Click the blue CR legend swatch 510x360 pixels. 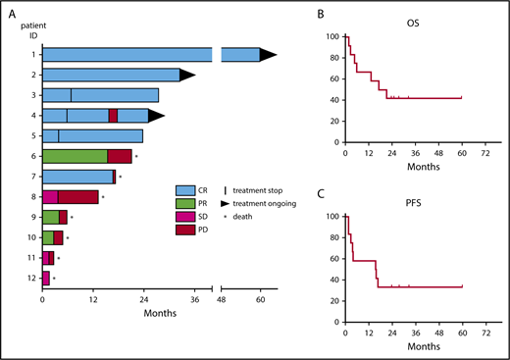pos(185,190)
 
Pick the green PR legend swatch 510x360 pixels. pos(185,203)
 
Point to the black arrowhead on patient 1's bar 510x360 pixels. pos(268,56)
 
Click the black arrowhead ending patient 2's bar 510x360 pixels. pos(187,75)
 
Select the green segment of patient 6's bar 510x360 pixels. pos(75,156)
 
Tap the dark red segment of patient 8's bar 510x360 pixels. pos(77,196)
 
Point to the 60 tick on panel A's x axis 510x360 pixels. pos(261,301)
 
